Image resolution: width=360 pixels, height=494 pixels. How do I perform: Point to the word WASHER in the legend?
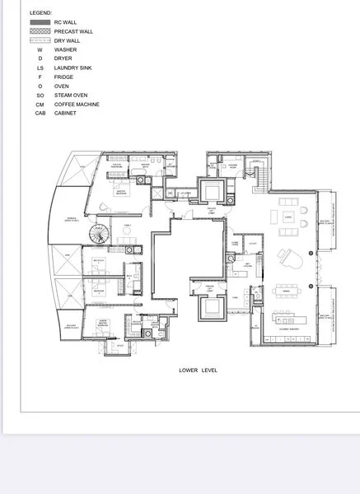[65, 49]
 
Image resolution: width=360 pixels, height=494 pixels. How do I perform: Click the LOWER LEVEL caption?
[199, 370]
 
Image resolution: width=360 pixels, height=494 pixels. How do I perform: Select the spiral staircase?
[100, 235]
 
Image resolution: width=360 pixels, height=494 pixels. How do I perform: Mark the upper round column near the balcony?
[311, 254]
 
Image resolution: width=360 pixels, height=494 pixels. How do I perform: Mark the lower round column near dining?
[311, 286]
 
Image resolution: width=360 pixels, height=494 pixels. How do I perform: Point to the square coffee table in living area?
[288, 217]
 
